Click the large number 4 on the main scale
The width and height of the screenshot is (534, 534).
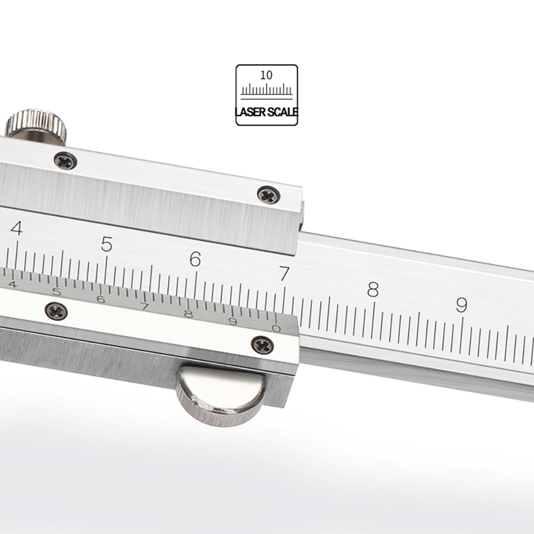click(x=17, y=228)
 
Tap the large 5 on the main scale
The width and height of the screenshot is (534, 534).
click(x=107, y=244)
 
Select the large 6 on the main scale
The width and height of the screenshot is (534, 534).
click(x=195, y=259)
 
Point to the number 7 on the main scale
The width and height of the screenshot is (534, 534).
click(x=285, y=274)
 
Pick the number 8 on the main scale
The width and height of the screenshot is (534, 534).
click(x=373, y=289)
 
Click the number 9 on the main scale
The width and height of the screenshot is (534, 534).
click(x=461, y=305)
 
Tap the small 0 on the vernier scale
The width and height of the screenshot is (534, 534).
click(x=276, y=328)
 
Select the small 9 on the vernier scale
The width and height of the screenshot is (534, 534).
click(x=233, y=321)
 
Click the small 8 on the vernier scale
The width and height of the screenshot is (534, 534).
click(x=189, y=313)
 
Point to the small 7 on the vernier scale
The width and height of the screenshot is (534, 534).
click(x=145, y=307)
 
